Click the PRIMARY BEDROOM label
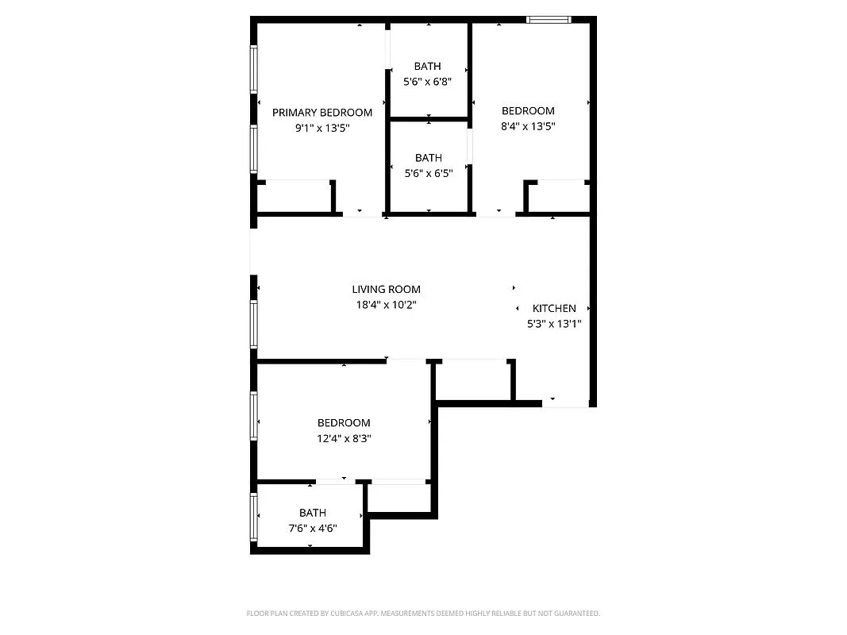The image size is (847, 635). pos(321,113)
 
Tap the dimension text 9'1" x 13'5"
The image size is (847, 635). pos(321,127)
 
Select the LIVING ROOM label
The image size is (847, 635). pos(386,290)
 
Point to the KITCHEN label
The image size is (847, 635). pos(554,309)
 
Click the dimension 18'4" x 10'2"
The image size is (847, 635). pos(386,304)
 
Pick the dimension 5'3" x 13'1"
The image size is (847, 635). pos(554,323)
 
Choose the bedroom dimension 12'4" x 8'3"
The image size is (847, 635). pos(344,437)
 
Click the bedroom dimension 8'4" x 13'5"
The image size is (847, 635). pos(528,125)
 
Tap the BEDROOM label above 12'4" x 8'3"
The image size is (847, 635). pos(344,423)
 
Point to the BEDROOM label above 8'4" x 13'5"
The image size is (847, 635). pos(528,111)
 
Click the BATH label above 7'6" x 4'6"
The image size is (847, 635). pos(312,513)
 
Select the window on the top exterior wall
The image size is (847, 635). pos(549,20)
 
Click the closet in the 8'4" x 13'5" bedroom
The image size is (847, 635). pos(559,196)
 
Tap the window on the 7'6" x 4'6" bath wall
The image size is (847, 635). pos(254,517)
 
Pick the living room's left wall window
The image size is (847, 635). pos(254,324)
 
